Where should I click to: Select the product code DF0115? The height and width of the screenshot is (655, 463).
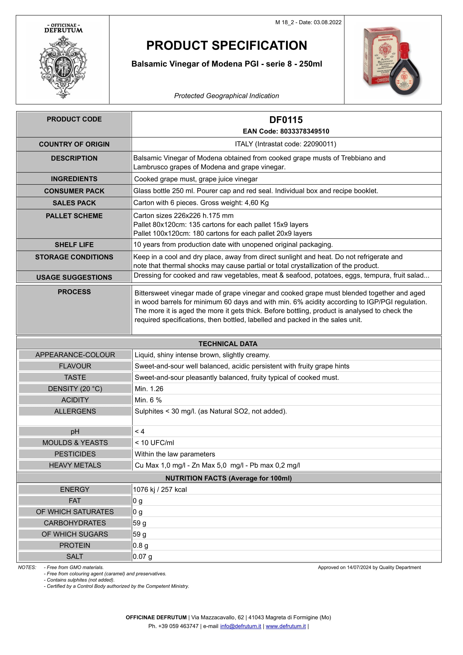coord(286,120)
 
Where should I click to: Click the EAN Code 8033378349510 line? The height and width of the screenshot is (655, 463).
coord(286,131)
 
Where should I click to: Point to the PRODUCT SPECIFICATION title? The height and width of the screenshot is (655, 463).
coord(227,46)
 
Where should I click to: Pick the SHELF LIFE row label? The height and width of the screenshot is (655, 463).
coord(74,245)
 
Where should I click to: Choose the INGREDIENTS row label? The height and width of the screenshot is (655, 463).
coord(74,179)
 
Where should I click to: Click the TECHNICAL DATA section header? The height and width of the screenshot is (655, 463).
coord(228,344)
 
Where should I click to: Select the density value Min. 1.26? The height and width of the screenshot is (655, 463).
coord(149,389)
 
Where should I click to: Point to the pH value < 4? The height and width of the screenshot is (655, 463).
coord(139,431)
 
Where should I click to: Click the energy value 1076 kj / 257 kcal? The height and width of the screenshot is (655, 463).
coord(160,490)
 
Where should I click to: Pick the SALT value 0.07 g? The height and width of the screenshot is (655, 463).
coord(142,557)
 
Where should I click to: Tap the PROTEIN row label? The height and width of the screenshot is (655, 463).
coord(75,545)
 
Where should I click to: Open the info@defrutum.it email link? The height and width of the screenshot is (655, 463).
coord(240,626)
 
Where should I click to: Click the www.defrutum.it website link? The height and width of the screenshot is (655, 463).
coord(286,626)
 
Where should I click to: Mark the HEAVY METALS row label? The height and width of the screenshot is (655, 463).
coord(75,465)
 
